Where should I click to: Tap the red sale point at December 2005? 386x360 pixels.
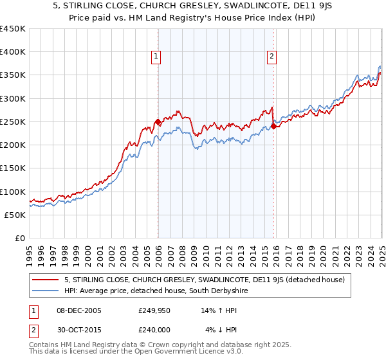pyautogui.click(x=158, y=122)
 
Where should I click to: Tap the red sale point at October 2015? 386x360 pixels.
pyautogui.click(x=273, y=127)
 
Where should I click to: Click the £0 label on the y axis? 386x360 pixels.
pyautogui.click(x=19, y=238)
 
